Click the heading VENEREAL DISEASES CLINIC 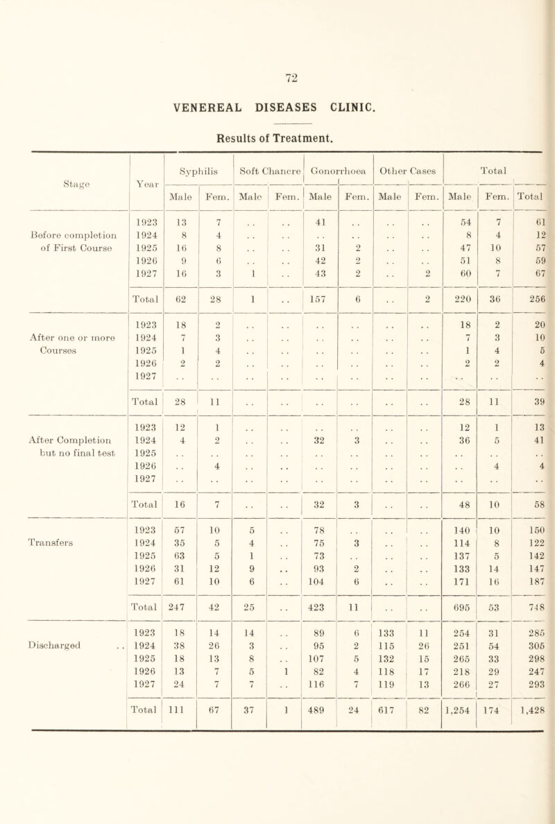pos(277,106)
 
